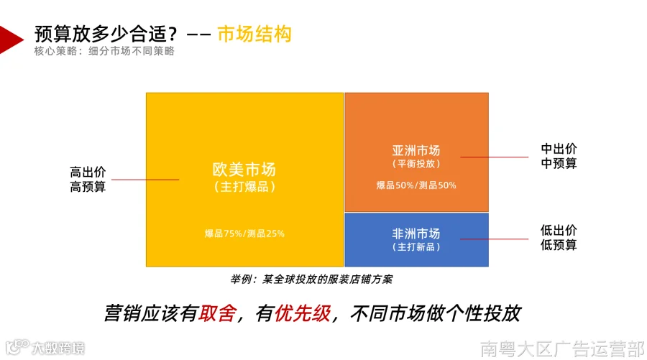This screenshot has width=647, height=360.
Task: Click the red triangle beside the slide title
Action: click(x=9, y=40)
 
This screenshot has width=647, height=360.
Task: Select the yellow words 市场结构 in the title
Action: click(x=254, y=34)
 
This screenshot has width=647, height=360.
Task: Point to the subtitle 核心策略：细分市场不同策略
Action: click(x=104, y=51)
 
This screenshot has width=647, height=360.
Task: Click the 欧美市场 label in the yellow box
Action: click(x=244, y=170)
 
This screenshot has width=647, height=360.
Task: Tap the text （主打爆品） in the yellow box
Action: click(x=244, y=187)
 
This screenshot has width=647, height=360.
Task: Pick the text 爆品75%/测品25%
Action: click(x=244, y=234)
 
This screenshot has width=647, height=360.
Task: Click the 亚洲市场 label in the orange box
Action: click(x=416, y=150)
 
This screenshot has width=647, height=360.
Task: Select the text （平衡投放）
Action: click(x=416, y=164)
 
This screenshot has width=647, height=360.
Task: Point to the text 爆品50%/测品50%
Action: click(x=416, y=185)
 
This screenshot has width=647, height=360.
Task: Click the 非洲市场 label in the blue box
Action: click(x=416, y=234)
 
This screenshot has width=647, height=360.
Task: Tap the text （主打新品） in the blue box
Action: click(x=416, y=247)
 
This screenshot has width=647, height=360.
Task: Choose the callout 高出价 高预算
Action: click(x=88, y=180)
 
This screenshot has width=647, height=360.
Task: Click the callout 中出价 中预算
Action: click(x=559, y=157)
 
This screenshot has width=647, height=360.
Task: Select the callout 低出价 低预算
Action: click(x=559, y=238)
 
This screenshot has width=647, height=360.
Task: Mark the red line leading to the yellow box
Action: click(x=145, y=180)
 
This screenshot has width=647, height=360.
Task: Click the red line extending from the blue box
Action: click(x=495, y=239)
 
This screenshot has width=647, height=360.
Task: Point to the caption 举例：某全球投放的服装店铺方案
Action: click(x=311, y=280)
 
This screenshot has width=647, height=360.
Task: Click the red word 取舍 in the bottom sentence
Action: click(x=218, y=313)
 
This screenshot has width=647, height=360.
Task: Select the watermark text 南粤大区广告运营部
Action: click(x=563, y=349)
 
